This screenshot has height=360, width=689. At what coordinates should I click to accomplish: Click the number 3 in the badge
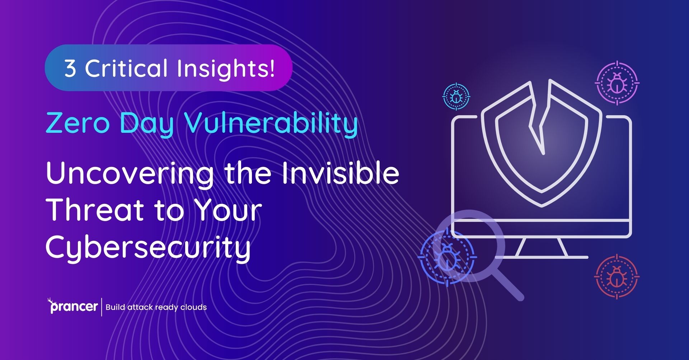70,68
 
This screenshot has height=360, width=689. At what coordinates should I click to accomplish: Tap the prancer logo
73,306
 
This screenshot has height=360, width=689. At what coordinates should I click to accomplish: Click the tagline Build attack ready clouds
156,307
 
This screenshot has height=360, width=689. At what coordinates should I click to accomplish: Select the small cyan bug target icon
456,97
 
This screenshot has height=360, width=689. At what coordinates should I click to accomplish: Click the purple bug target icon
617,83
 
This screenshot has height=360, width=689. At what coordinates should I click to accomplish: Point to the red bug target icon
617,277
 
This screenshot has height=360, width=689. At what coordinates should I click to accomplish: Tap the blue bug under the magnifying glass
447,257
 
